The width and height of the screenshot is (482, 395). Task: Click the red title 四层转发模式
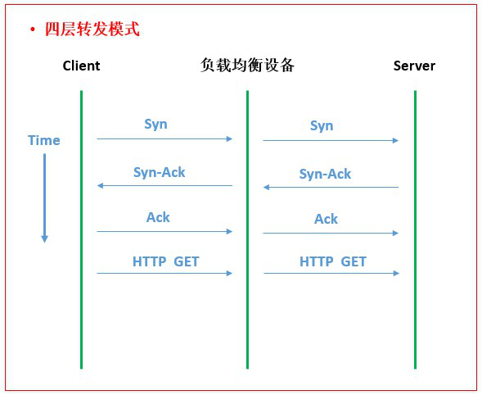92,30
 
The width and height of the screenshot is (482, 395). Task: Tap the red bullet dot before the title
32,30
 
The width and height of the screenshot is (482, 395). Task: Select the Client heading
82,66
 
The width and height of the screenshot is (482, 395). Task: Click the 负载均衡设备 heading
247,65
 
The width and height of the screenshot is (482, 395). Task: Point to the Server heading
414,66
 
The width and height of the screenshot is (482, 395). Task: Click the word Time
44,140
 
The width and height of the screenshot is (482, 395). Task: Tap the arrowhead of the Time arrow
44,239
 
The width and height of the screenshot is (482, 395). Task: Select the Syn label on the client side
155,125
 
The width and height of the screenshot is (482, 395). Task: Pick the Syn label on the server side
322,126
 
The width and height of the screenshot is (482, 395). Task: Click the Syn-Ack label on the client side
160,172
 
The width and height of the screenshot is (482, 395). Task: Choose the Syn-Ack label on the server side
325,174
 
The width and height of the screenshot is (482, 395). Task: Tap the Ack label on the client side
158,217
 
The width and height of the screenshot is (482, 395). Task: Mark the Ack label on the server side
326,219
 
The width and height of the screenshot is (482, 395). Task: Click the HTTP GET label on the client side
165,261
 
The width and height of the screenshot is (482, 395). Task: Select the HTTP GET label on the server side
333,261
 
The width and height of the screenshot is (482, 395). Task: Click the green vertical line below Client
82,229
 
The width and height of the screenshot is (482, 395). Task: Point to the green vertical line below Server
415,229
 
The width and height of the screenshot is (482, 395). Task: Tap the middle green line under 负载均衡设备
247,229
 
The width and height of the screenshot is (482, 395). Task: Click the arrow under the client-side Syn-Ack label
164,186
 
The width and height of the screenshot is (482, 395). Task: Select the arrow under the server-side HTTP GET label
331,273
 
